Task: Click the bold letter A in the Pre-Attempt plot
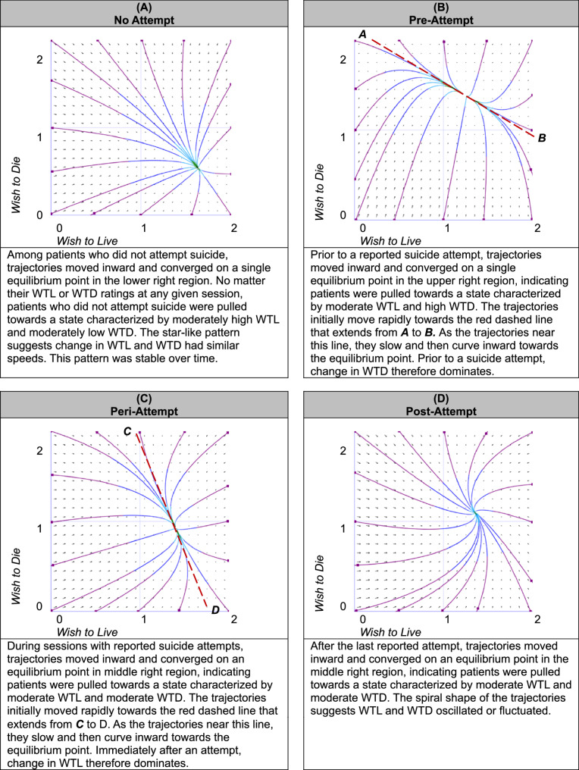point(362,35)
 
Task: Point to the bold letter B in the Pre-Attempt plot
point(541,138)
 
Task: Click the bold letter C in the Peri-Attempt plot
point(128,431)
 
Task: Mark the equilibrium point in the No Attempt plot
point(196,165)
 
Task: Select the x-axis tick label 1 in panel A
point(143,227)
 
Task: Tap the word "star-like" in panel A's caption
point(190,331)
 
